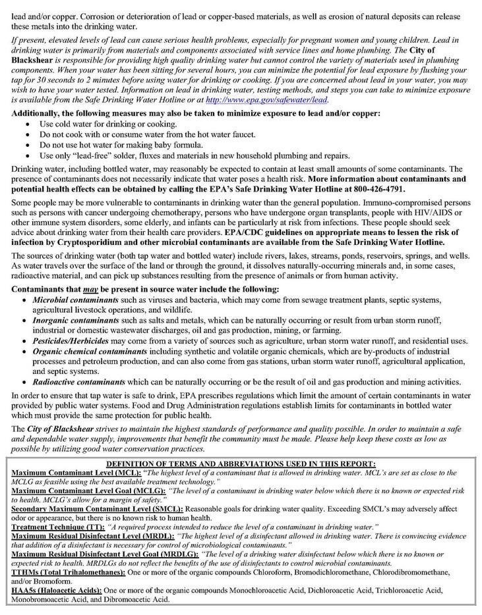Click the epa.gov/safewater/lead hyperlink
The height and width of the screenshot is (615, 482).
(266, 99)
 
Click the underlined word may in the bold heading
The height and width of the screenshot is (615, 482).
(90, 289)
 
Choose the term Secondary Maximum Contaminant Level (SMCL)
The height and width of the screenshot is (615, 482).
(97, 509)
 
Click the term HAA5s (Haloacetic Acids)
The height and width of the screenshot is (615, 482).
(57, 591)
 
